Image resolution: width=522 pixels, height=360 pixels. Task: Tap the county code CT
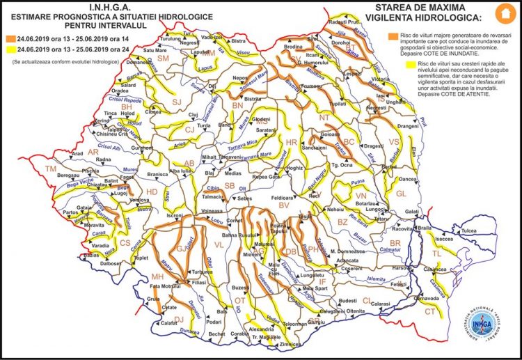[x=430, y=311]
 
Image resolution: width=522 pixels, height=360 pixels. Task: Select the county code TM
[x=51, y=169]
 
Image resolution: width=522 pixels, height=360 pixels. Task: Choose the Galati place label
[x=413, y=211]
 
